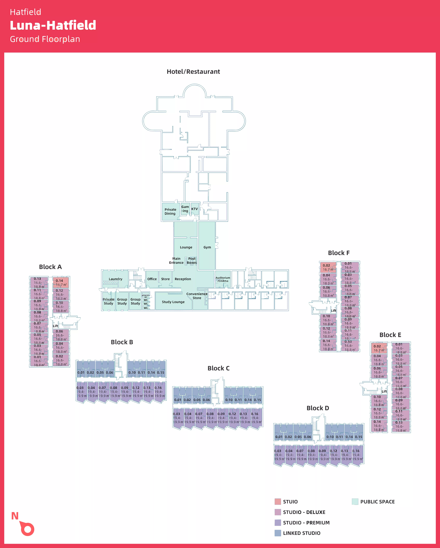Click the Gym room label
pyautogui.click(x=207, y=247)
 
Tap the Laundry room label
pyautogui.click(x=115, y=279)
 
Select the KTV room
pyautogui.click(x=195, y=209)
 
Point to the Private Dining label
pyautogui.click(x=170, y=211)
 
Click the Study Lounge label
pyautogui.click(x=173, y=302)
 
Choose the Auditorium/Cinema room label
pyautogui.click(x=223, y=279)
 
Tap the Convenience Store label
pyautogui.click(x=197, y=296)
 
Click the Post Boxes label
pyautogui.click(x=192, y=261)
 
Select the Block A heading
pyautogui.click(x=50, y=267)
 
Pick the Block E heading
pyautogui.click(x=390, y=335)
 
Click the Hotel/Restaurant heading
pyautogui.click(x=193, y=72)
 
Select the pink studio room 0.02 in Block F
pyautogui.click(x=328, y=267)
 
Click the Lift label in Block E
pyautogui.click(x=384, y=391)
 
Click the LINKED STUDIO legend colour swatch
pyautogui.click(x=278, y=533)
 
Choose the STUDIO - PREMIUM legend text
pyautogui.click(x=306, y=523)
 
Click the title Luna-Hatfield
pyautogui.click(x=53, y=25)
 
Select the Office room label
pyautogui.click(x=152, y=279)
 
